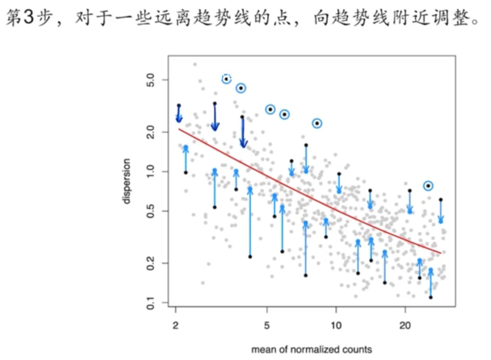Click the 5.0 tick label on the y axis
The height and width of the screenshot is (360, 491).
(150, 79)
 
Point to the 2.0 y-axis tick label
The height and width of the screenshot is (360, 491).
(150, 132)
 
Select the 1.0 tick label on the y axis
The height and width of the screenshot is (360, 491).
(150, 171)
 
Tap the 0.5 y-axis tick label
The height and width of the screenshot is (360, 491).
(150, 211)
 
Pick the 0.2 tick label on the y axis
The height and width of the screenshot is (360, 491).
(150, 263)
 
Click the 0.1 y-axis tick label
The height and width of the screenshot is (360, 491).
(150, 302)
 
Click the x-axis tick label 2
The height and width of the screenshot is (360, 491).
(175, 325)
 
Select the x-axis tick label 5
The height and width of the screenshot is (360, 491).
(267, 325)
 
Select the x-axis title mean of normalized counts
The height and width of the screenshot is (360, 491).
(312, 349)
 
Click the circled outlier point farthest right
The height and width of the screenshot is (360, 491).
(428, 186)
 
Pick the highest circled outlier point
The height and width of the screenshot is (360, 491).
(227, 79)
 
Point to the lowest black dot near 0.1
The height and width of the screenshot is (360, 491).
(430, 297)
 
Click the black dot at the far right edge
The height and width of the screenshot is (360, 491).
(441, 200)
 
